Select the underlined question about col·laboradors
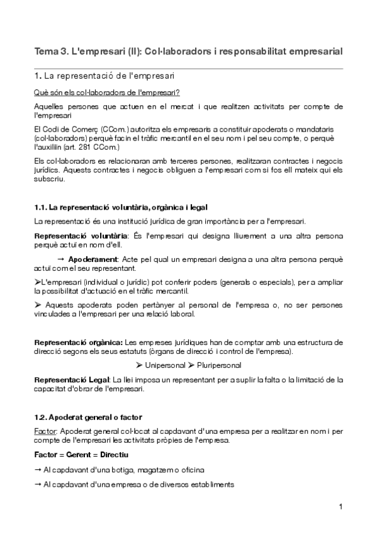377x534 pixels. click(106, 92)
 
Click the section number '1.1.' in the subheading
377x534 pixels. click(40, 207)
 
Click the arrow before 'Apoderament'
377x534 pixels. click(60, 259)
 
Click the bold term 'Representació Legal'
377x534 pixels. click(71, 380)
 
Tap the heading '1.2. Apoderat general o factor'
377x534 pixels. click(88, 417)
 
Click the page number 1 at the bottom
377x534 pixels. click(340, 507)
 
